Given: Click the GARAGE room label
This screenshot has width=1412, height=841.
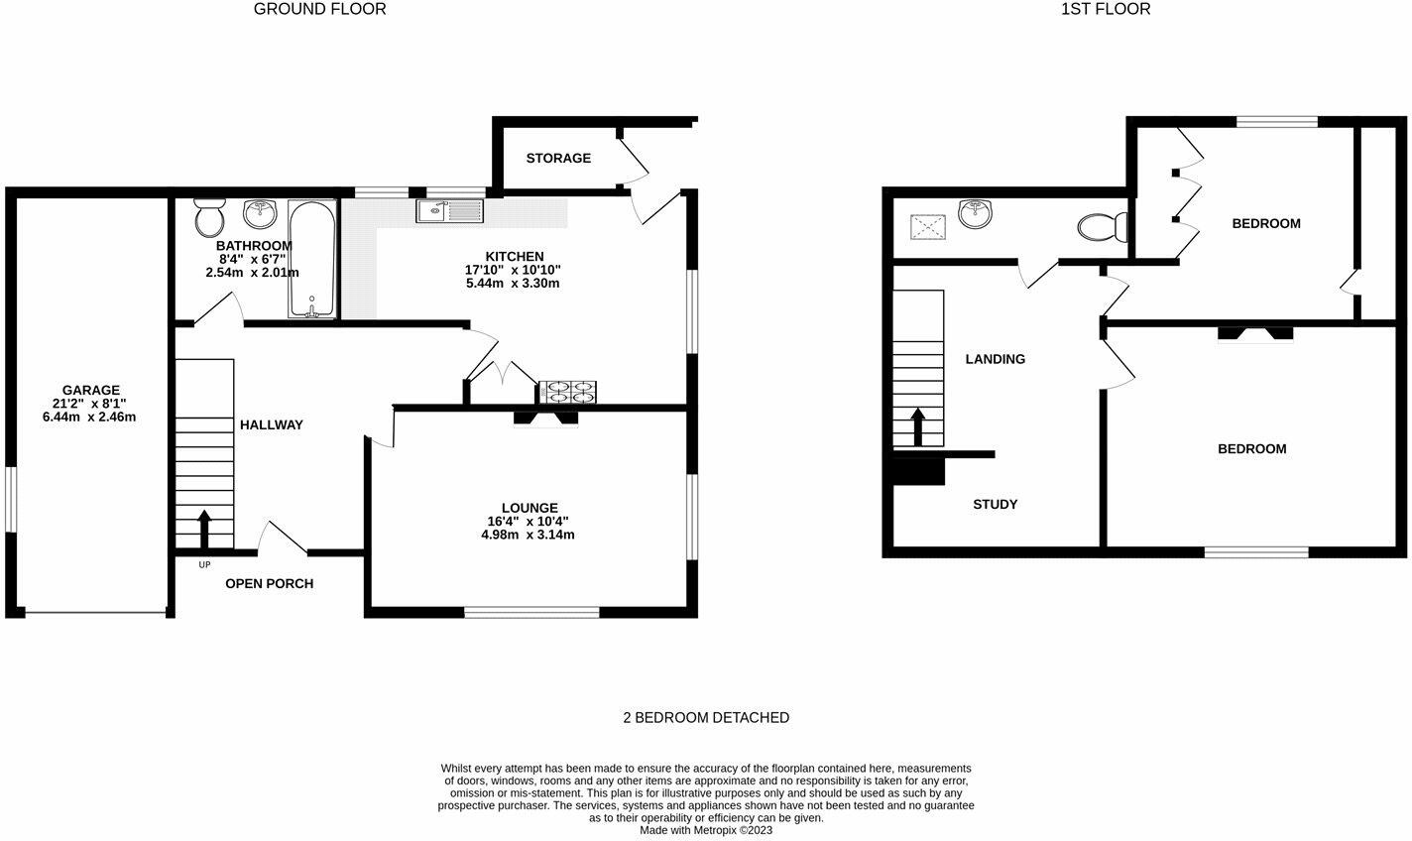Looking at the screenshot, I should click(x=90, y=390).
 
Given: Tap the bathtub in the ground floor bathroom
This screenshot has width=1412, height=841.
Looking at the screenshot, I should click(x=312, y=259).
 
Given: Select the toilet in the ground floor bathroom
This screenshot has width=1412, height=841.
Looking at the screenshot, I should click(x=209, y=215).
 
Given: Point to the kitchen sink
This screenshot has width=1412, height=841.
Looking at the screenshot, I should click(x=449, y=211).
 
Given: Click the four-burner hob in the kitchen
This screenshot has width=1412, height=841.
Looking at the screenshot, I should click(x=567, y=393).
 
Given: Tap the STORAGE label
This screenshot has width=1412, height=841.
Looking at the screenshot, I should click(x=558, y=158).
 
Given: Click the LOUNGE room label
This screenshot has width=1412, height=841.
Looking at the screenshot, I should click(x=529, y=508).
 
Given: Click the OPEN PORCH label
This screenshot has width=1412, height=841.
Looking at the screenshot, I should click(x=269, y=583).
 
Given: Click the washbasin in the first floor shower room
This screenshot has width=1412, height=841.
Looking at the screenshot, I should click(x=977, y=213).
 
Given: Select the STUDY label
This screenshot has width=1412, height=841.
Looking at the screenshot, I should click(x=995, y=504).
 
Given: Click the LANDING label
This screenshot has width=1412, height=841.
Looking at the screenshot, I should click(x=995, y=359).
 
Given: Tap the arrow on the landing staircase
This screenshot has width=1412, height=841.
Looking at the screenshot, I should click(x=917, y=426).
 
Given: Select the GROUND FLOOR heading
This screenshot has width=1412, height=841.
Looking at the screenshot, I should click(x=319, y=9).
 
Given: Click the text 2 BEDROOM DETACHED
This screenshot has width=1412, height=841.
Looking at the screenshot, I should click(x=705, y=717).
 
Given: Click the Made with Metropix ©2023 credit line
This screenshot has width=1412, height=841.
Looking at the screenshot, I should click(x=705, y=830).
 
